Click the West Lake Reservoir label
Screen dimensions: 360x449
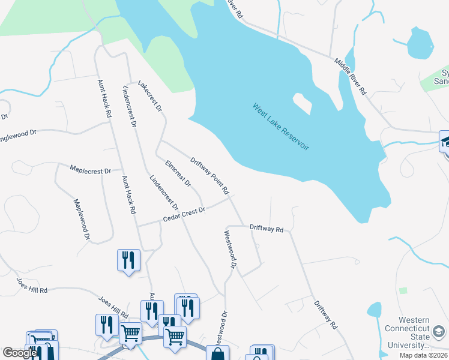281,127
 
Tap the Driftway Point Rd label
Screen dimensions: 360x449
209,176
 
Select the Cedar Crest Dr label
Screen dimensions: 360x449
184,215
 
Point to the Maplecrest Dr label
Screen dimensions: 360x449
91,170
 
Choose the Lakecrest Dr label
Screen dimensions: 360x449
150,97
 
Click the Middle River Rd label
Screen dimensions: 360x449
351,77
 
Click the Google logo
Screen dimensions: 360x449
19,353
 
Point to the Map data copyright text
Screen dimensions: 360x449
423,355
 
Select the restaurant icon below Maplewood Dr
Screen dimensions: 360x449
128,260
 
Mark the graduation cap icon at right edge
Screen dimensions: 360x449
445,142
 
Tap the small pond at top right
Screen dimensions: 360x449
420,43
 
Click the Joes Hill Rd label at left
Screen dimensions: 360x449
31,285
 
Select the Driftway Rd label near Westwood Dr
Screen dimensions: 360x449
266,229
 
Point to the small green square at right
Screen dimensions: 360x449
403,290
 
